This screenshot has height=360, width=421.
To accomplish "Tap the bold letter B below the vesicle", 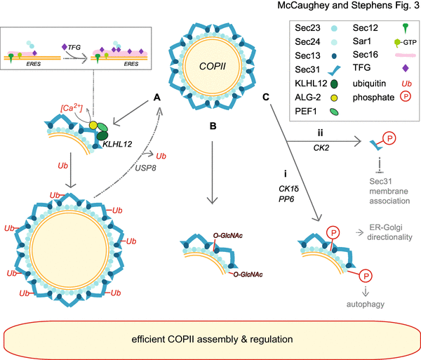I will (x=213, y=127).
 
